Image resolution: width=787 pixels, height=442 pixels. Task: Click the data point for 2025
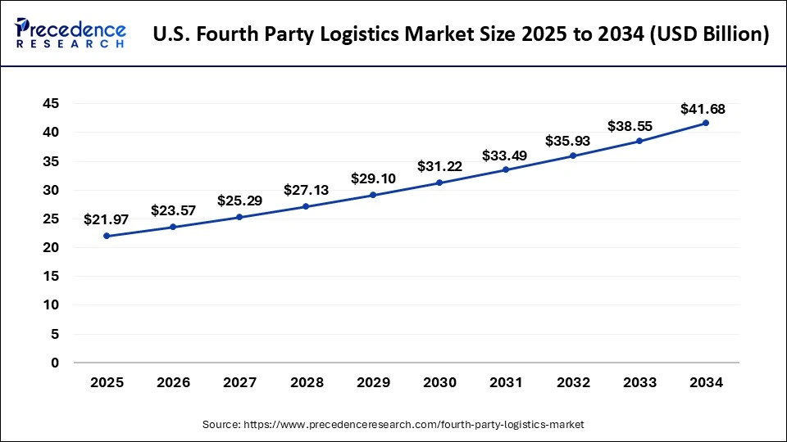tap(107, 236)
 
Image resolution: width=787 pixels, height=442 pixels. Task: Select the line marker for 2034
tap(706, 123)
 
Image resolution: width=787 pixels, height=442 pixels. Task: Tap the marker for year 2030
tap(439, 183)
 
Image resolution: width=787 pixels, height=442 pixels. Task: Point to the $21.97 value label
tap(107, 219)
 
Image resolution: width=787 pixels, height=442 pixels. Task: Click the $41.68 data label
tap(703, 109)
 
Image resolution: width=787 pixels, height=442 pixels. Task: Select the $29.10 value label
tap(373, 178)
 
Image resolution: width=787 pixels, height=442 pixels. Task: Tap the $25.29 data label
tap(239, 201)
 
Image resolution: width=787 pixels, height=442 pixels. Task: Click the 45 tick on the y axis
tap(52, 103)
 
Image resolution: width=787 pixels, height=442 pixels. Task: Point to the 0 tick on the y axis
tap(56, 363)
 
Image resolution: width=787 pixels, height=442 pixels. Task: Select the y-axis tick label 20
tap(52, 247)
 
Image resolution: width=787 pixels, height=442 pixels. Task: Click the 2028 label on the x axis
tap(307, 382)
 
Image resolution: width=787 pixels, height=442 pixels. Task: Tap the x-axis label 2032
tap(573, 382)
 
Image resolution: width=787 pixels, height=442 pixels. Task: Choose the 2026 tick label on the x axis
tap(173, 382)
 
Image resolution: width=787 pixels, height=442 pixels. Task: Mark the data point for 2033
tap(639, 141)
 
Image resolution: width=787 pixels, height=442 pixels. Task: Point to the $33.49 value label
tap(506, 156)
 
